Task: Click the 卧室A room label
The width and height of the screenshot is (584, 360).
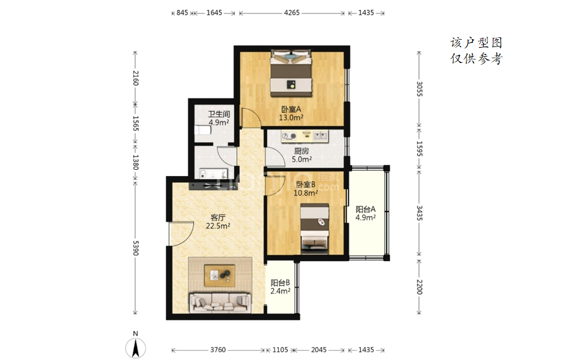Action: coord(291,109)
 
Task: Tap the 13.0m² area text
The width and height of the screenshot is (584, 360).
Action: coord(291,117)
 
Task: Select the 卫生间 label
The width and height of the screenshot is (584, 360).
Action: coord(219,114)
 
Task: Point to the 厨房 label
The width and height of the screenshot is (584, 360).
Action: coord(301,151)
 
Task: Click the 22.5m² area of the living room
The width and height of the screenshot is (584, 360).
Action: coord(218,226)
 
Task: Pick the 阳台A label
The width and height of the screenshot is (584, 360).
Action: coord(365,209)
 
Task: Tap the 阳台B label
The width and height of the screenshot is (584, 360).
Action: coord(280,282)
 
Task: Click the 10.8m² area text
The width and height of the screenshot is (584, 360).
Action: coord(306,193)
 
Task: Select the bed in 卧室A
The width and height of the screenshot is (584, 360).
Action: coord(291,73)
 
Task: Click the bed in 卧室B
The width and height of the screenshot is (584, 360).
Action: coord(315,229)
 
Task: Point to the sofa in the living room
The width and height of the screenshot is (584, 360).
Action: coord(220,302)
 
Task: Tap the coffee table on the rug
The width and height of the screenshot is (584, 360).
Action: coord(220,276)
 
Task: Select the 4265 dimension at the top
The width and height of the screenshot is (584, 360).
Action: coord(292,13)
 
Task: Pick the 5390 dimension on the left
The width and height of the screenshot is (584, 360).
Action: coord(136,248)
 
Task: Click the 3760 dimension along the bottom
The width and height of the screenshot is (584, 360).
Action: coord(218,350)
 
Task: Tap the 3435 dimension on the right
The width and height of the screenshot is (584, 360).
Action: coord(419,213)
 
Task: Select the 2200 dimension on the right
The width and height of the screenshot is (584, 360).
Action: coord(419,287)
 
